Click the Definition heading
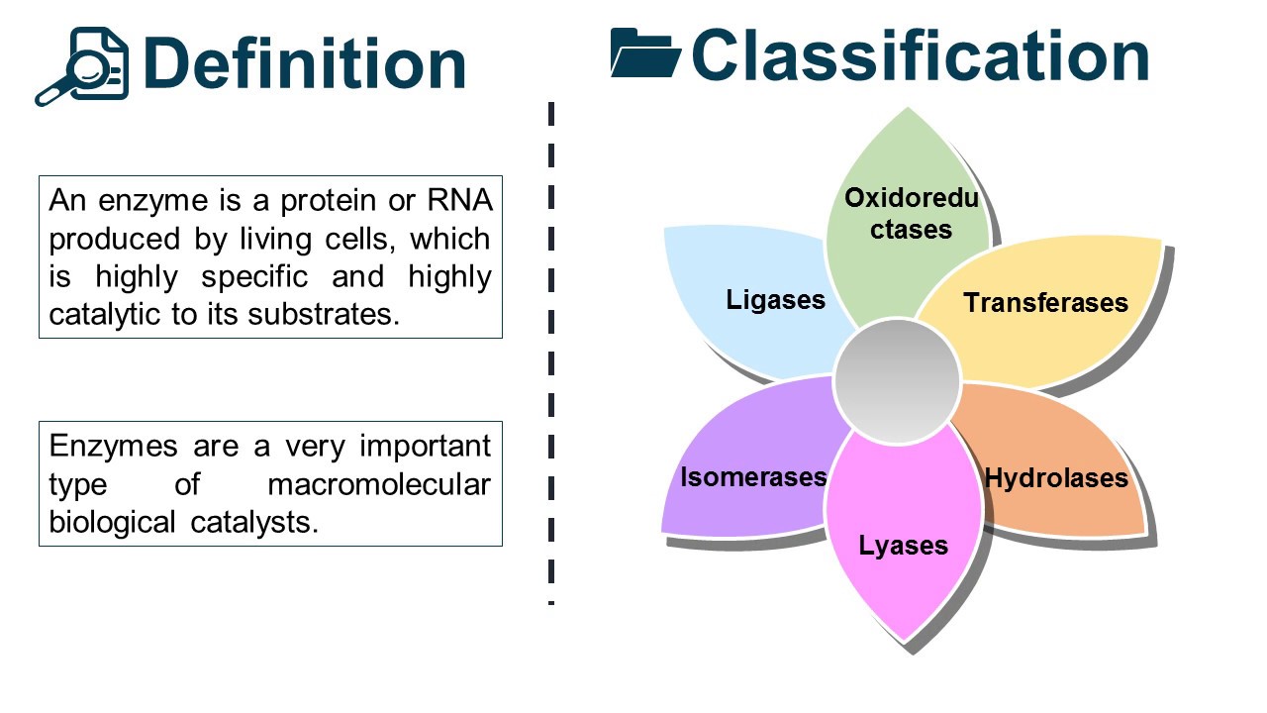click(x=304, y=63)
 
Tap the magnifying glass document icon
click(x=83, y=65)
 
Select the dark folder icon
click(x=644, y=53)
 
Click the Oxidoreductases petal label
click(x=911, y=214)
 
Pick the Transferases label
click(x=1045, y=302)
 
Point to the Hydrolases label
click(x=1056, y=479)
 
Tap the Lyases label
click(x=903, y=546)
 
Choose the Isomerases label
click(x=752, y=477)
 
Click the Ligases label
click(x=775, y=299)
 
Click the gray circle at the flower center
click(x=897, y=381)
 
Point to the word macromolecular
click(x=378, y=484)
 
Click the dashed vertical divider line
click(x=551, y=356)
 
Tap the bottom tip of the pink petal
click(x=904, y=640)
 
